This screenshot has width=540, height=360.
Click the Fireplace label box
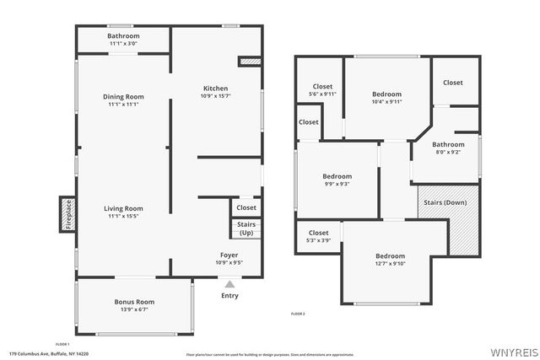click(x=67, y=213)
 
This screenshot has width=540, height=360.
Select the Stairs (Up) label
click(x=246, y=228)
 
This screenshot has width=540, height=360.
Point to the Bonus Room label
click(x=135, y=302)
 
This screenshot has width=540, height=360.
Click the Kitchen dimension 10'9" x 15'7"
click(x=215, y=96)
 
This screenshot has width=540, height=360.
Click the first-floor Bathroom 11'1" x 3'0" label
click(x=123, y=44)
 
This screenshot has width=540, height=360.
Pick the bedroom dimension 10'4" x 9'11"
click(x=387, y=102)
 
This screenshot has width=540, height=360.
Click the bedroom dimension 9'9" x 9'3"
click(x=337, y=184)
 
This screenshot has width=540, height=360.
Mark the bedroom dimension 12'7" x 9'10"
click(x=390, y=264)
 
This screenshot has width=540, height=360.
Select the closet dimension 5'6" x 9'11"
click(x=322, y=94)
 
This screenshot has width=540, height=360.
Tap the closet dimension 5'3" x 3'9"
click(x=318, y=240)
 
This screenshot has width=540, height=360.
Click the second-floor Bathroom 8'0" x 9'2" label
click(x=448, y=153)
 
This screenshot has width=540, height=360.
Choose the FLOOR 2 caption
click(x=297, y=314)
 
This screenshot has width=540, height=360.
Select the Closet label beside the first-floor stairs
click(x=246, y=207)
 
